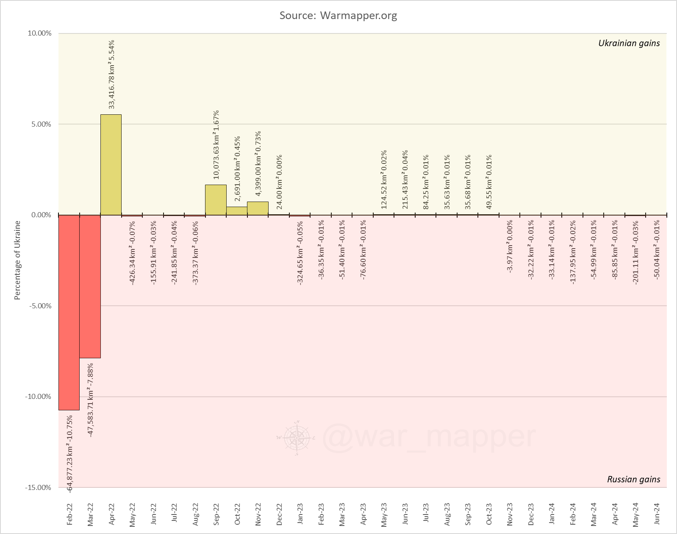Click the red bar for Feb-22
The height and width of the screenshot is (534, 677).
(69, 312)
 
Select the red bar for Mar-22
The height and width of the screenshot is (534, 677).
(90, 286)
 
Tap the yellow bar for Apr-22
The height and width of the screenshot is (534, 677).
(111, 165)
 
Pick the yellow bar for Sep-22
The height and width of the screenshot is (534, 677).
(216, 200)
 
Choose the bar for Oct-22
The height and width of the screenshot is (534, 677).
(237, 211)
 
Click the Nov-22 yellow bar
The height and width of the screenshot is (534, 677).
(258, 208)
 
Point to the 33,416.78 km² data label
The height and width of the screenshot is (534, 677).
(112, 75)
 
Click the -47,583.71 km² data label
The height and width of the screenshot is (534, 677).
(90, 400)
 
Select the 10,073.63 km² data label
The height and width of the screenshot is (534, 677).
(216, 145)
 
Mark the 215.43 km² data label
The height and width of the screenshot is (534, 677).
(405, 179)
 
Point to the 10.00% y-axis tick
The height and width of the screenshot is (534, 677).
(39, 33)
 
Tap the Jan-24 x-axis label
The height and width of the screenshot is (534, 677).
(552, 514)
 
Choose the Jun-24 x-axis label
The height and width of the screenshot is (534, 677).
(657, 514)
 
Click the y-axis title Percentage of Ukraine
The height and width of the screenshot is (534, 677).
(17, 260)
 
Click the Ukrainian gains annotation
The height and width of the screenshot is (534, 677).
(629, 43)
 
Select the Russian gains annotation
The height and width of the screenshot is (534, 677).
(633, 479)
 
